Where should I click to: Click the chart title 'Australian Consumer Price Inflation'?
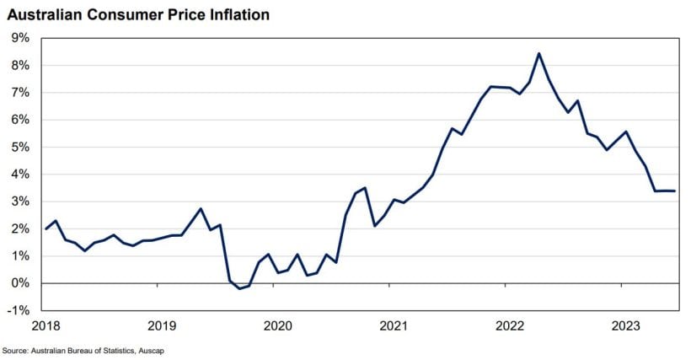click(x=139, y=15)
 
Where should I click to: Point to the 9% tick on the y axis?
click(x=19, y=38)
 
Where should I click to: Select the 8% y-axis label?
click(x=19, y=65)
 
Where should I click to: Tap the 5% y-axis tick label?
click(x=19, y=147)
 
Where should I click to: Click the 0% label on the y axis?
click(x=19, y=283)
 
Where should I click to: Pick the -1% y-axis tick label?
click(x=19, y=310)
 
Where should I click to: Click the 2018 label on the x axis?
click(x=45, y=325)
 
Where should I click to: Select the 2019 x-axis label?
click(x=160, y=325)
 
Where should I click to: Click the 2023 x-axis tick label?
click(x=624, y=325)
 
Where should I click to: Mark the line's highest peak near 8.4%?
click(x=538, y=53)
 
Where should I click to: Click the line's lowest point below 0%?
click(x=239, y=288)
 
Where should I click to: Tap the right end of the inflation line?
click(x=674, y=191)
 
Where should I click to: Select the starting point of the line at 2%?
click(x=46, y=228)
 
